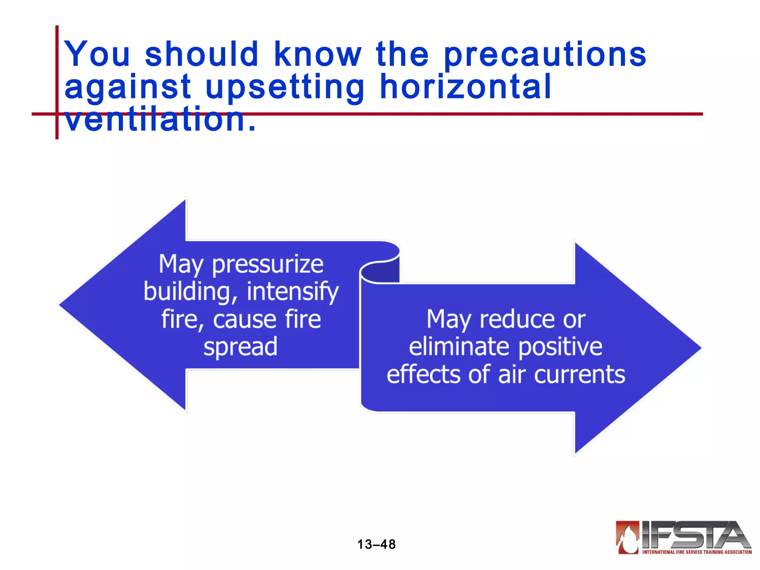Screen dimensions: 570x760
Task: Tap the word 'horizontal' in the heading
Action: coord(466,88)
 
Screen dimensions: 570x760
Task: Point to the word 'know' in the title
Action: coord(317,55)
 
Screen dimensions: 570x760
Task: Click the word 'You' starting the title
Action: coord(97,55)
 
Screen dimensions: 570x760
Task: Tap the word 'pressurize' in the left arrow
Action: coord(268,265)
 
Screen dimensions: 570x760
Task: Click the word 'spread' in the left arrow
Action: coord(240,347)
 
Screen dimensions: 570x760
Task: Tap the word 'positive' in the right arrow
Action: coord(560,348)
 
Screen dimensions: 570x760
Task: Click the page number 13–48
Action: coord(376,544)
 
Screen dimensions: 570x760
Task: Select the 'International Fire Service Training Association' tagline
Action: coord(697,552)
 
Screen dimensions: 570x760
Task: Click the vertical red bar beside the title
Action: coord(57,82)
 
